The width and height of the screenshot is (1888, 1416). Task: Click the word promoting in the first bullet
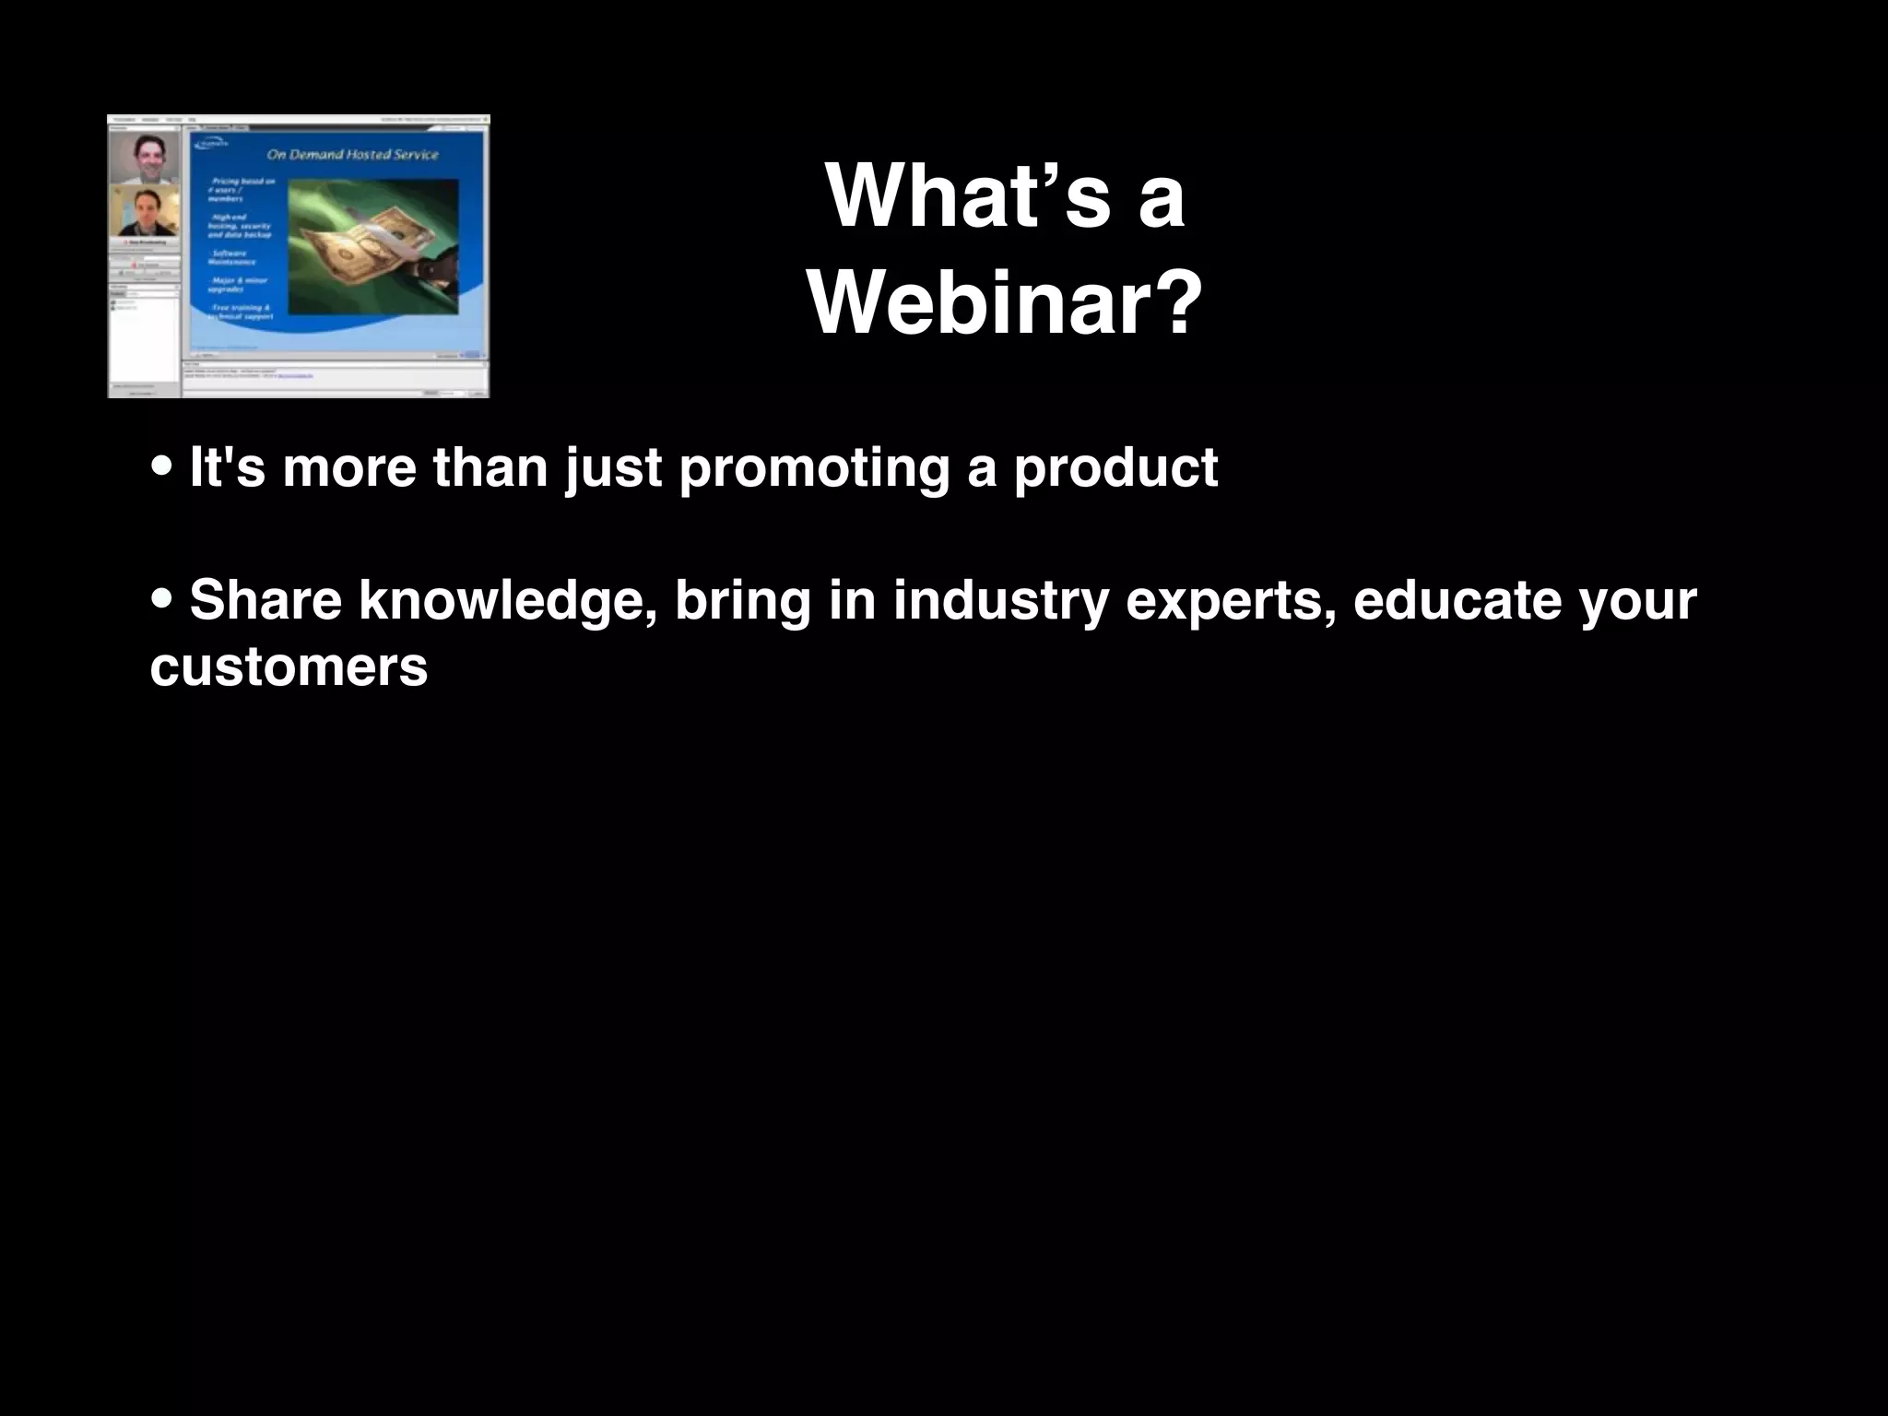pos(814,467)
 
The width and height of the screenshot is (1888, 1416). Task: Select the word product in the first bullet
pos(1115,467)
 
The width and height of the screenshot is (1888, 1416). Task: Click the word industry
pos(999,600)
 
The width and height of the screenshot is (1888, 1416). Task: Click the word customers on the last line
pos(289,667)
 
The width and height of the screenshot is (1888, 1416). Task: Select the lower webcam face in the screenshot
pos(145,213)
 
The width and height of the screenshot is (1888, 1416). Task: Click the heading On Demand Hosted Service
pos(352,154)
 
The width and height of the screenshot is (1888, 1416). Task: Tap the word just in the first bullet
pos(613,467)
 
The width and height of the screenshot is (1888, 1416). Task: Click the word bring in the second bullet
pos(741,602)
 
